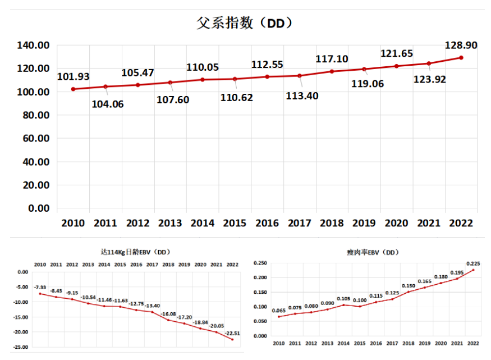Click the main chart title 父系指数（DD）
click(245, 23)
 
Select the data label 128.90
click(461, 45)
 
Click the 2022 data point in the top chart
click(461, 57)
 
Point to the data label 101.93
click(73, 76)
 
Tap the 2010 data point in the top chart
click(73, 89)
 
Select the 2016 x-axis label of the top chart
click(267, 223)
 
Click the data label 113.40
click(302, 95)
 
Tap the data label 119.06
click(366, 84)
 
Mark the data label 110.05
click(203, 67)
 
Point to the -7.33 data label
click(41, 287)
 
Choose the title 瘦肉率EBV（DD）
click(373, 253)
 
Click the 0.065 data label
click(279, 310)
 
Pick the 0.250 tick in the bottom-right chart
click(259, 263)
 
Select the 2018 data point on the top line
click(332, 71)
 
